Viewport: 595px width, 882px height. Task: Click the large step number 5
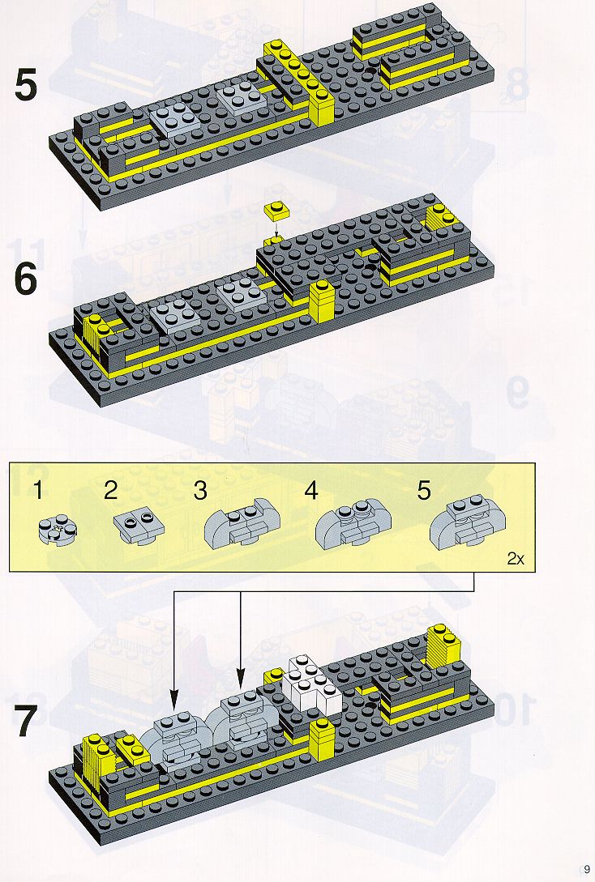26,86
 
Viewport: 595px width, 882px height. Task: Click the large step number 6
25,279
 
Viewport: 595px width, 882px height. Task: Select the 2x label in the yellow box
516,559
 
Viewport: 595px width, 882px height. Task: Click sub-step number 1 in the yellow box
37,490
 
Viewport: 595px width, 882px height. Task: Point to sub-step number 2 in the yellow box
111,490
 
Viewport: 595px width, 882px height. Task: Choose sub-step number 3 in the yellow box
200,490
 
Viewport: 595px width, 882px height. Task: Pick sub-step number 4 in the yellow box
310,490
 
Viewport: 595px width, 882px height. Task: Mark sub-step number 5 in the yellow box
424,490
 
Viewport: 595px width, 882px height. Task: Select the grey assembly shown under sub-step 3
242,523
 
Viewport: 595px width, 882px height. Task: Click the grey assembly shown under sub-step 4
353,525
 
